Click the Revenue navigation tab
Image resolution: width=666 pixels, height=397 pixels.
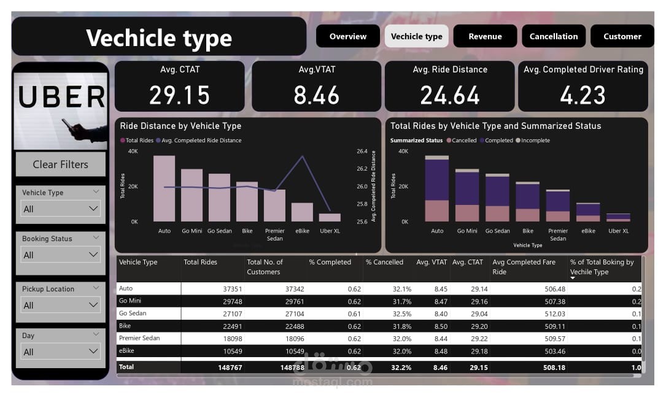click(x=485, y=36)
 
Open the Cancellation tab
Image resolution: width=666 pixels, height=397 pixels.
click(x=554, y=36)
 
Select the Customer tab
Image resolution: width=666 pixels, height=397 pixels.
click(x=622, y=36)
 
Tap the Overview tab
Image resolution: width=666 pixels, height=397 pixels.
click(x=347, y=36)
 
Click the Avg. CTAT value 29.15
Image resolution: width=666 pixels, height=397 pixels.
click(x=179, y=95)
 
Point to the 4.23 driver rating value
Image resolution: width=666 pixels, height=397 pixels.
click(x=583, y=95)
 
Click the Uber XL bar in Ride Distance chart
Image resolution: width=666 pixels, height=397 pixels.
click(x=330, y=217)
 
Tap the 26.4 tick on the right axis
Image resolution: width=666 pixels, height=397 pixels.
click(x=362, y=151)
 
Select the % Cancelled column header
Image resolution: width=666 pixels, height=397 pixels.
click(x=384, y=262)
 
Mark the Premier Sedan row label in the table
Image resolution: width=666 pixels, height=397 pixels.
click(x=141, y=339)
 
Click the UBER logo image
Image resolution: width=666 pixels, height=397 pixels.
click(x=61, y=104)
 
